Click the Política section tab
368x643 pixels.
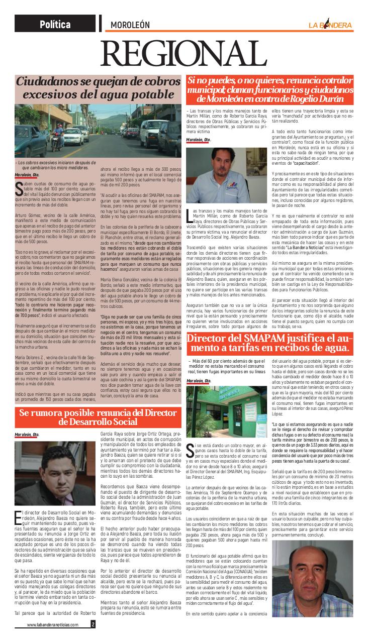click(56, 24)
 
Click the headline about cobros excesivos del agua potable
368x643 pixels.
click(99, 87)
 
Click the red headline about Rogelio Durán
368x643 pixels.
click(269, 89)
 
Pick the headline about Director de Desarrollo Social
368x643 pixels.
click(98, 416)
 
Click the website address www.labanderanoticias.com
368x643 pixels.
click(53, 624)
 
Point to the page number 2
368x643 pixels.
click(93, 624)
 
